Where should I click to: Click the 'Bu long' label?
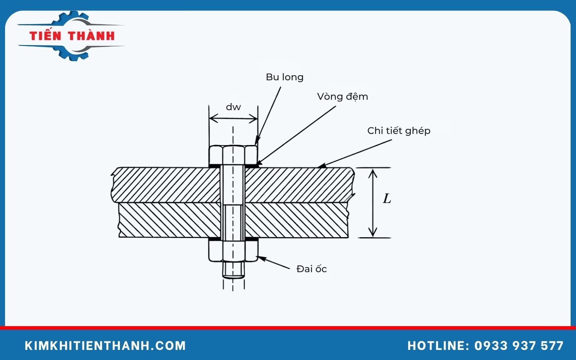(x=284, y=77)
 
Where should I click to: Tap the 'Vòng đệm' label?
(x=342, y=96)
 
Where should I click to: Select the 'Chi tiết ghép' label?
(x=399, y=131)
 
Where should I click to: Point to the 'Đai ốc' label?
(x=311, y=269)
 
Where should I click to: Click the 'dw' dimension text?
(x=233, y=107)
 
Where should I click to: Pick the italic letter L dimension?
(x=387, y=198)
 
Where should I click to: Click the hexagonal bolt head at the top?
(x=233, y=155)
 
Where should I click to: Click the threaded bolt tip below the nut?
(x=233, y=270)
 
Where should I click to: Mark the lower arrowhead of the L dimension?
(x=373, y=232)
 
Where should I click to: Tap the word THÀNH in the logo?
(x=91, y=36)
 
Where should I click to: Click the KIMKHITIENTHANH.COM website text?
(x=105, y=346)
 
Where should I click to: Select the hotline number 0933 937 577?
(x=519, y=346)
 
